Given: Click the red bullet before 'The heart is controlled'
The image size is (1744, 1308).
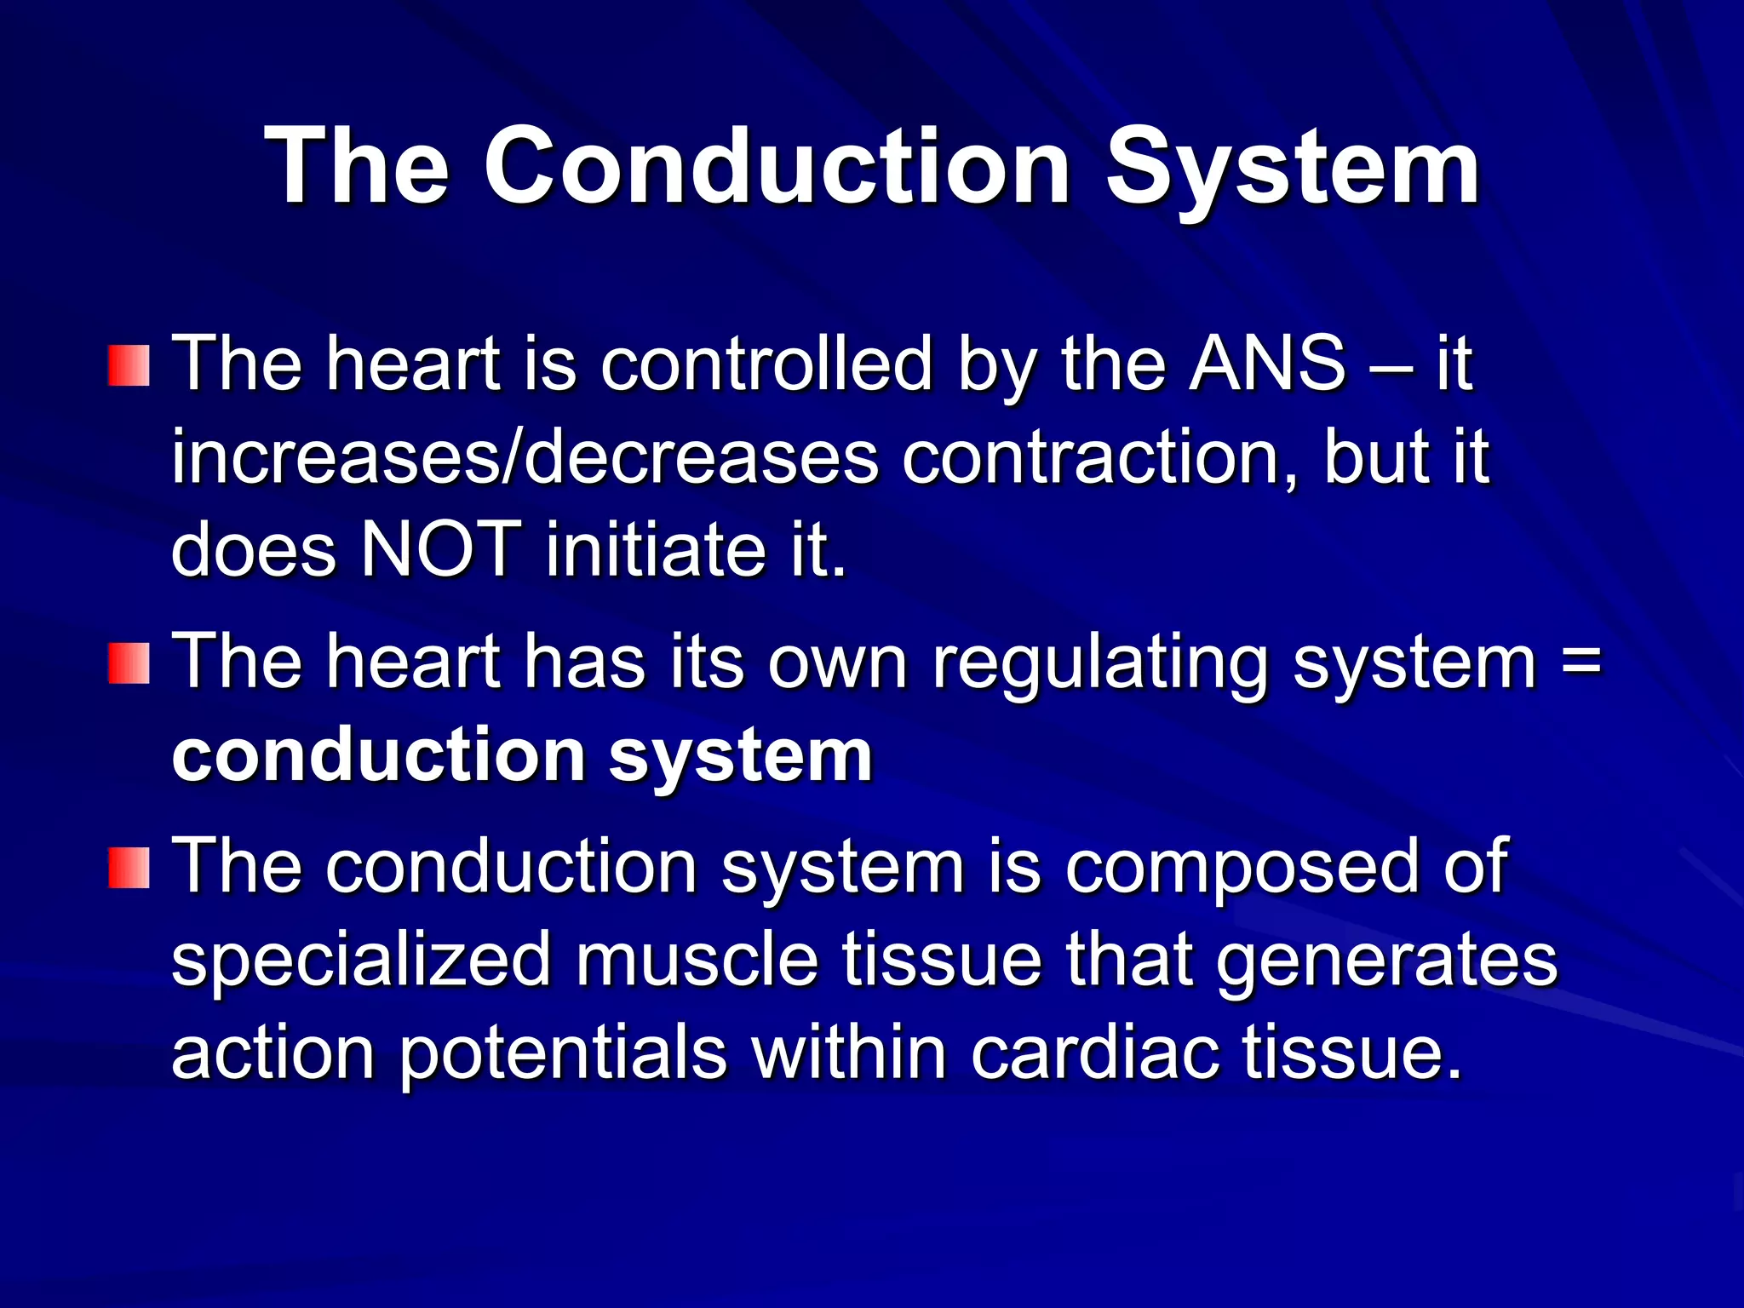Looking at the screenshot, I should pos(129,366).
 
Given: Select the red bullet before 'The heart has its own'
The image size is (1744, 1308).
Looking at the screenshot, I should pos(129,663).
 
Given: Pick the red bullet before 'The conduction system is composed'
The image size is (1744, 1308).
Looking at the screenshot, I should pos(129,868).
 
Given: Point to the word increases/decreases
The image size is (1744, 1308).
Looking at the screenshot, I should pos(525,457).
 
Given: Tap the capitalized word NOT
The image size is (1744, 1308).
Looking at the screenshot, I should pos(441,549).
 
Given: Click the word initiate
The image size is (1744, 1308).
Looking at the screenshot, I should pos(656,549).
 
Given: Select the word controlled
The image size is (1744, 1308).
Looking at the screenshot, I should pos(766,364).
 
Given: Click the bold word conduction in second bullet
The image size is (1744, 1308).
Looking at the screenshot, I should pos(378,755).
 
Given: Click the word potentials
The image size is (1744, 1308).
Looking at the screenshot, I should pos(563,1053).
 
